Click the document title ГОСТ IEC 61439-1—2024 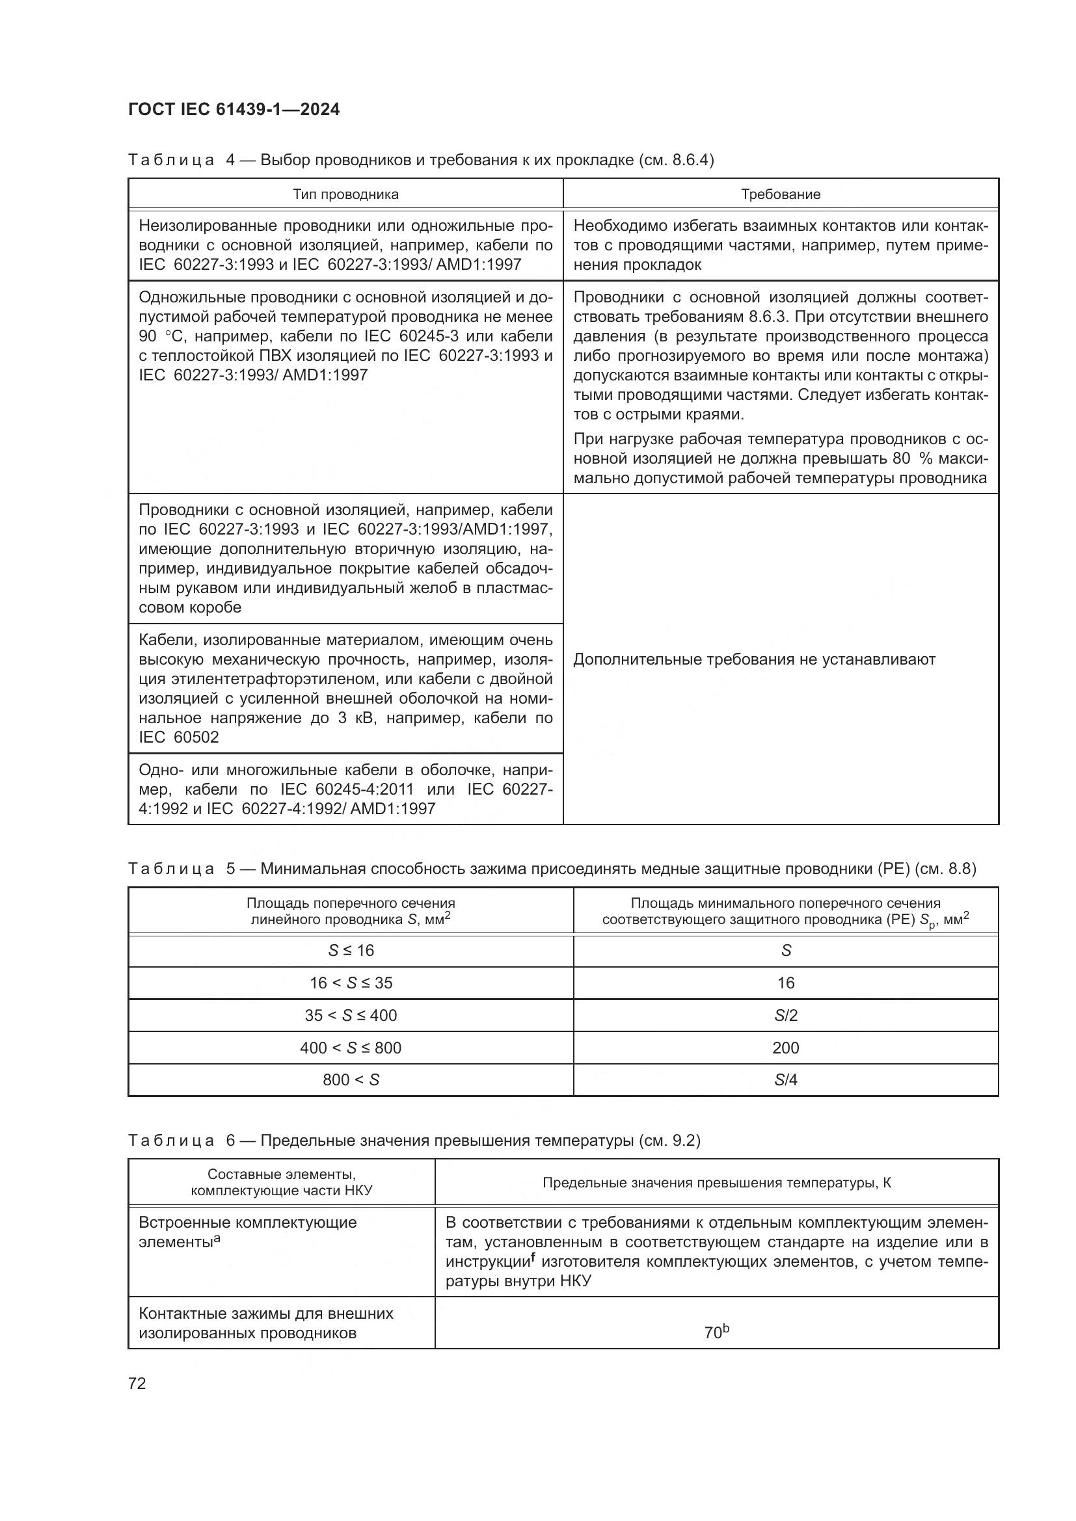[234, 109]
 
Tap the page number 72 [137, 1383]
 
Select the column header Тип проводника [345, 194]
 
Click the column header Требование [781, 194]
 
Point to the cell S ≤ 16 [351, 951]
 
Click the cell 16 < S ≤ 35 [351, 983]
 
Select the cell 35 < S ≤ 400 [351, 1016]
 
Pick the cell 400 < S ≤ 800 [351, 1048]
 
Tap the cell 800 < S [351, 1080]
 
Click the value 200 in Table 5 [785, 1048]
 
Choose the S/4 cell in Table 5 [785, 1080]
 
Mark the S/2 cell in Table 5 [785, 1016]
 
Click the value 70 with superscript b [716, 1332]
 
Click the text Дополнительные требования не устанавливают [754, 659]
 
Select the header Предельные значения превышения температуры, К [716, 1183]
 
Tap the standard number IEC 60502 [179, 737]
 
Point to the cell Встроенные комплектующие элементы [247, 1232]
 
